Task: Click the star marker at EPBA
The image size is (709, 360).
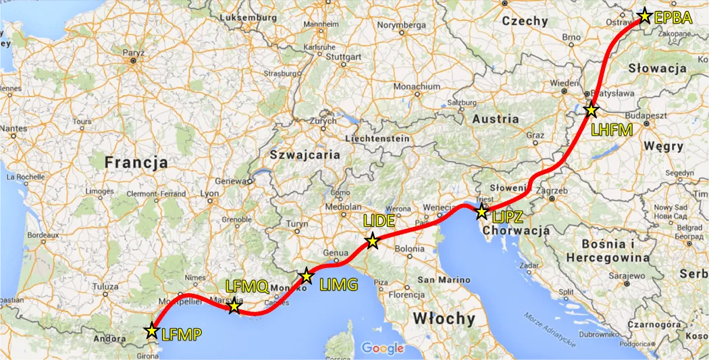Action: tap(645, 16)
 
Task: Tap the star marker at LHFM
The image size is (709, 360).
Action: tap(592, 109)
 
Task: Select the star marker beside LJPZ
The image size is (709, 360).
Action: tap(481, 212)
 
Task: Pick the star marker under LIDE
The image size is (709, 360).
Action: tap(372, 240)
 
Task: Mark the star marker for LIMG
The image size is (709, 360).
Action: tap(307, 276)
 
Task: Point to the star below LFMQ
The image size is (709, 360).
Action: tap(234, 307)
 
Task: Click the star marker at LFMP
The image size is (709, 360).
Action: tap(152, 331)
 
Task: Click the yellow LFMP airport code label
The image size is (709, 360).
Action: tap(181, 334)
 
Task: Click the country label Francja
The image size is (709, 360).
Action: tap(136, 163)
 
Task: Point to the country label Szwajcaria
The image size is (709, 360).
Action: tap(305, 154)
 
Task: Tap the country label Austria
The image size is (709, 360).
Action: tap(496, 119)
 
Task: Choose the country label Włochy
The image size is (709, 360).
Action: tap(444, 318)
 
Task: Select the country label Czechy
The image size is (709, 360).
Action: tap(525, 21)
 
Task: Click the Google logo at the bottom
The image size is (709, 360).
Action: tap(382, 349)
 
